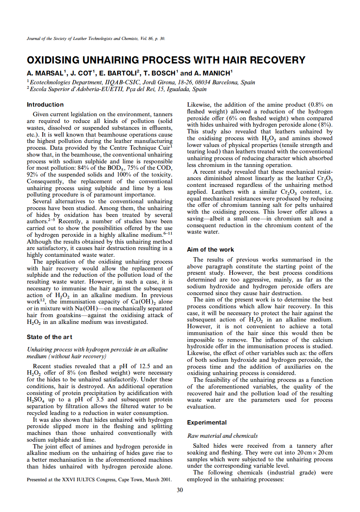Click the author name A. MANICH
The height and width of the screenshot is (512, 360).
213,73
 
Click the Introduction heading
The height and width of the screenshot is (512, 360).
45,105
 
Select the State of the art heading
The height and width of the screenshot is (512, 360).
50,337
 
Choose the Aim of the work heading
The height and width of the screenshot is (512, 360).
211,250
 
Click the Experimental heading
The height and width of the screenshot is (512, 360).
207,423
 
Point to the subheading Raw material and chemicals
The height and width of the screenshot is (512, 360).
222,436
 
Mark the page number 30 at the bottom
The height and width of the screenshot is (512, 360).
180,490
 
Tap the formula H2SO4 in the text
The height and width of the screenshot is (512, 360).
34,400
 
